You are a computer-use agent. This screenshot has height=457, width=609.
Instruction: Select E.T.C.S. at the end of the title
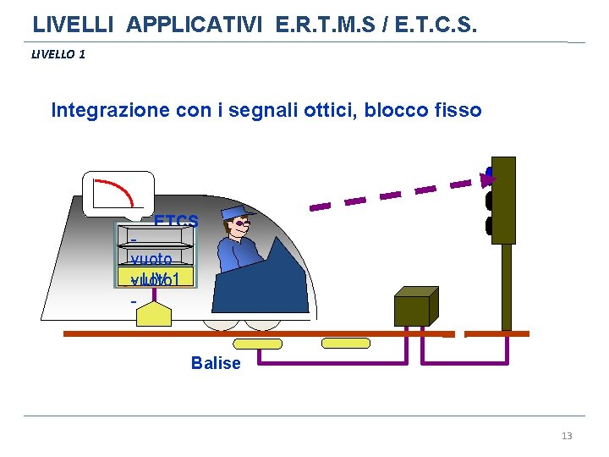[x=431, y=25]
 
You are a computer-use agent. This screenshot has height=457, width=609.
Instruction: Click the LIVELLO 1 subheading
[x=58, y=55]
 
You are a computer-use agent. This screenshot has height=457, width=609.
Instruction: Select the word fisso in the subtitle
[x=457, y=110]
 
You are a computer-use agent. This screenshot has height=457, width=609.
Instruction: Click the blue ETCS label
[x=176, y=222]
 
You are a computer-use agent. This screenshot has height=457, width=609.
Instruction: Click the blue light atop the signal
[x=489, y=173]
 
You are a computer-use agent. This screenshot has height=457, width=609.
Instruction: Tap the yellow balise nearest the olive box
[x=346, y=343]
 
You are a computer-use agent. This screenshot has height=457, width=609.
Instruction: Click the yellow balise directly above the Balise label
[x=258, y=343]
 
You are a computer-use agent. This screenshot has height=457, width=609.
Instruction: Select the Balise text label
[x=216, y=363]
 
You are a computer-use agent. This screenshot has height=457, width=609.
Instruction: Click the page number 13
[x=567, y=436]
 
